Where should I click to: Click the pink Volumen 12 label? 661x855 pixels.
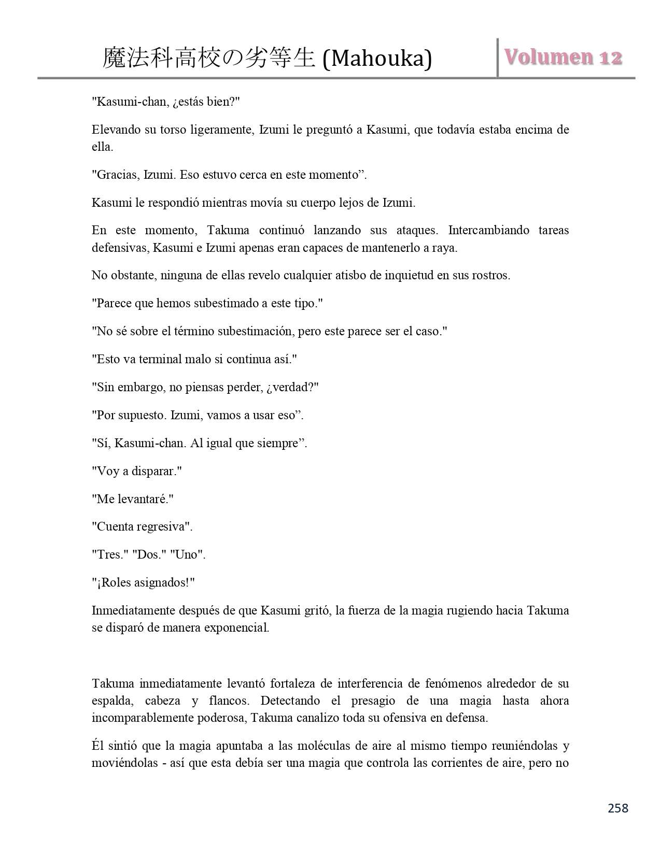point(563,57)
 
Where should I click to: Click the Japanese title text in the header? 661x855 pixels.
point(209,58)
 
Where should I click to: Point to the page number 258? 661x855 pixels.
point(617,808)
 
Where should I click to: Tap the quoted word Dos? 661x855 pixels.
point(148,554)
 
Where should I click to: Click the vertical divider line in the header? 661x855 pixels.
point(498,58)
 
